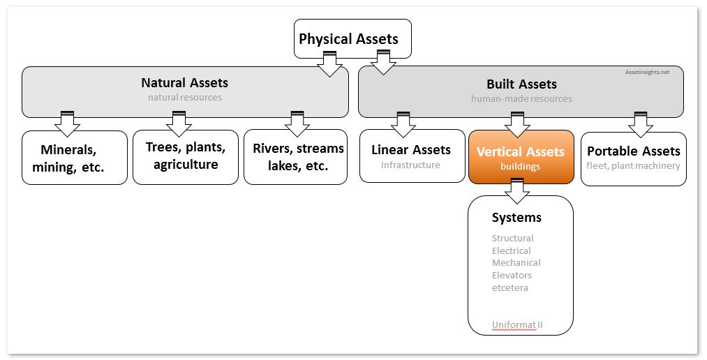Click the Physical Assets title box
pyautogui.click(x=352, y=39)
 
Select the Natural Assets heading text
pyautogui.click(x=184, y=83)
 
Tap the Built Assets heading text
pyautogui.click(x=521, y=84)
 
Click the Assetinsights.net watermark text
pyautogui.click(x=647, y=72)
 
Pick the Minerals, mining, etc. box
pyautogui.click(x=75, y=158)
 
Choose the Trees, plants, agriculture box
pyautogui.click(x=186, y=157)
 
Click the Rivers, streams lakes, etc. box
pyautogui.click(x=295, y=157)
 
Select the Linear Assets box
pyautogui.click(x=412, y=156)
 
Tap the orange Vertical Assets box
pyautogui.click(x=521, y=157)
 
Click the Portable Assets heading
pyautogui.click(x=633, y=151)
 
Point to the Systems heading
pyautogui.click(x=516, y=218)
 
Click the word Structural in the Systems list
pyautogui.click(x=513, y=239)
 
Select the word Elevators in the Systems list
pyautogui.click(x=512, y=276)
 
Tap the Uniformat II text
pyautogui.click(x=517, y=325)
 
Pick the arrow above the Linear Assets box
pyautogui.click(x=403, y=124)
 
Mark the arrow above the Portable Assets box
pyautogui.click(x=640, y=124)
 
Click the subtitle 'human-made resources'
pyautogui.click(x=521, y=98)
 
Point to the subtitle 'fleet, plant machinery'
pyautogui.click(x=633, y=166)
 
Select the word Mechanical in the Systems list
pyautogui.click(x=516, y=263)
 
